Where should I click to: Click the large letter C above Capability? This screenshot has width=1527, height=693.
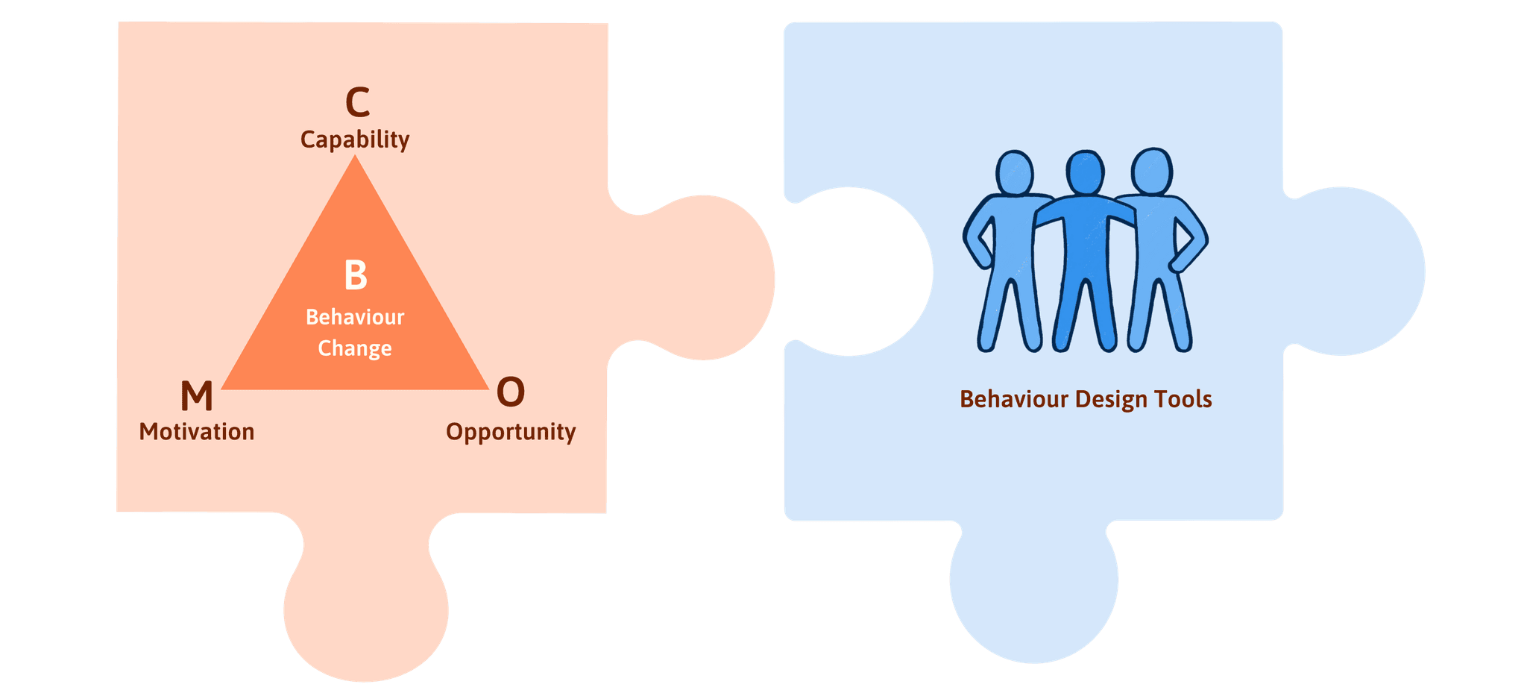(357, 102)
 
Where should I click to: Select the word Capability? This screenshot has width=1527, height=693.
(355, 139)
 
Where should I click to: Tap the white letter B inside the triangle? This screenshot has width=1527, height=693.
(356, 275)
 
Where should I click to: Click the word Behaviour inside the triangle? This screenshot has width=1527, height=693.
(355, 317)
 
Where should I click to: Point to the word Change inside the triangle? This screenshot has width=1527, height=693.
(355, 348)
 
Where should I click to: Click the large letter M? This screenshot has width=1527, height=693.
(197, 395)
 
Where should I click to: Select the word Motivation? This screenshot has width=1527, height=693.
(197, 432)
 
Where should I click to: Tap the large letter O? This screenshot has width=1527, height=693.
(511, 392)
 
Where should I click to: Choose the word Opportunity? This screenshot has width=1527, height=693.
(511, 432)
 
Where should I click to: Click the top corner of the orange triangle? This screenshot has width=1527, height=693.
(356, 160)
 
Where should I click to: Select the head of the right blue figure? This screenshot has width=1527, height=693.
(1152, 171)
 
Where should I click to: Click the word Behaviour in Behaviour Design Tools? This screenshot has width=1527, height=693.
(1014, 400)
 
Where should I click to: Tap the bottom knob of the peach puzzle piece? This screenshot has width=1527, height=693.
(365, 612)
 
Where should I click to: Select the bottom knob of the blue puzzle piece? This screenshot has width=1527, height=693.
(1034, 589)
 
